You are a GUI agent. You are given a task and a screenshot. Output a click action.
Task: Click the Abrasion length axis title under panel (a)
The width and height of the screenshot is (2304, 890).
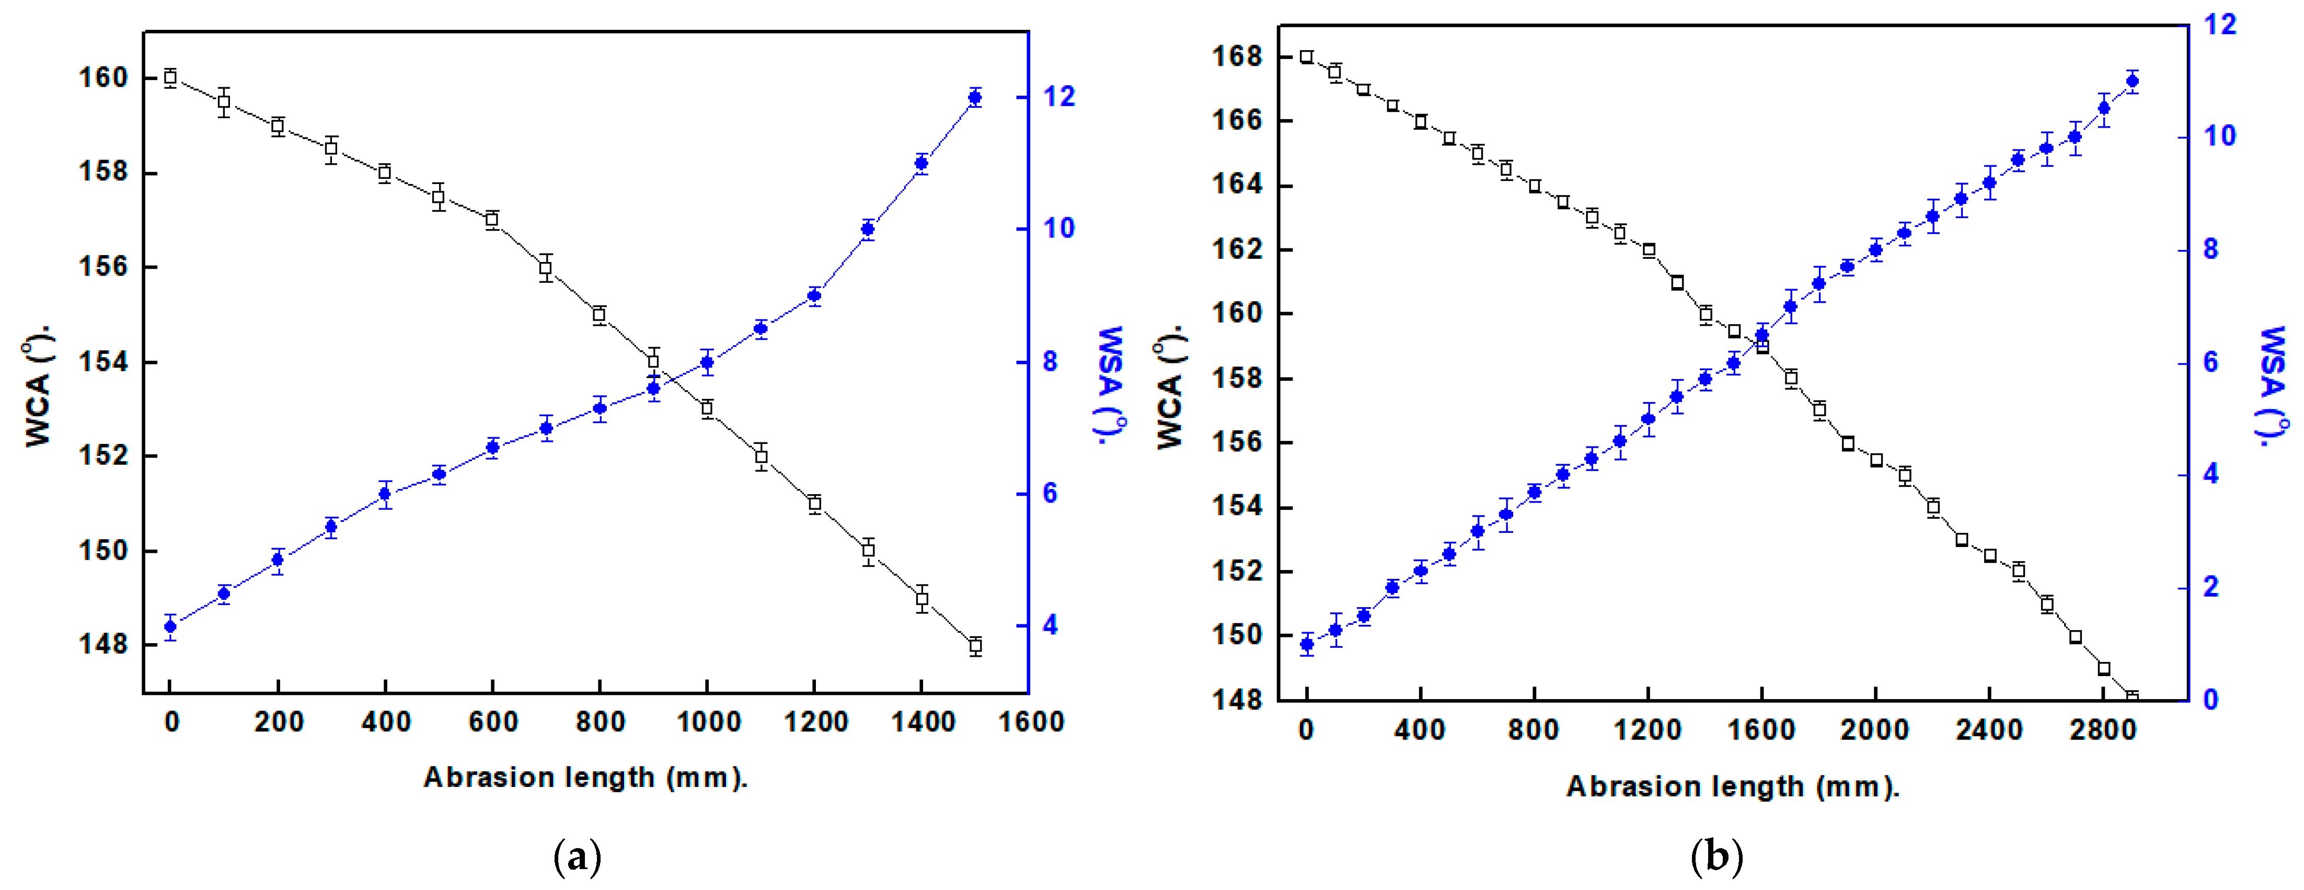(585, 777)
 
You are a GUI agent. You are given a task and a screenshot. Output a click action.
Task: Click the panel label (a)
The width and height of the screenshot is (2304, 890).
(578, 857)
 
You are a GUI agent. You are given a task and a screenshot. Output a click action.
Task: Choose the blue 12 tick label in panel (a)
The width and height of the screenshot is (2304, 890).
(1059, 97)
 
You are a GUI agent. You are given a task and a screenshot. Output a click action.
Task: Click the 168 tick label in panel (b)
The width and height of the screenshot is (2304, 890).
(1237, 56)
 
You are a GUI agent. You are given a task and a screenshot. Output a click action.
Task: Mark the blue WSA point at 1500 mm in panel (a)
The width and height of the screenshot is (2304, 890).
(975, 97)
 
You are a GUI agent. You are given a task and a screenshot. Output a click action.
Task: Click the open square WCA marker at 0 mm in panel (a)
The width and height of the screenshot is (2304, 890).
(170, 78)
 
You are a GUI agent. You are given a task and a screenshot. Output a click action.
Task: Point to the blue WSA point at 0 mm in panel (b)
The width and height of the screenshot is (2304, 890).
(1307, 644)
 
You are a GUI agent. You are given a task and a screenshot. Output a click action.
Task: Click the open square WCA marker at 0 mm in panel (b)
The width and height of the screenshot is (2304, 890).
(1307, 56)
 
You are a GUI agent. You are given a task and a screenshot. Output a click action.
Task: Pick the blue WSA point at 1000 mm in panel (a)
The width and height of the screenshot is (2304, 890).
(707, 362)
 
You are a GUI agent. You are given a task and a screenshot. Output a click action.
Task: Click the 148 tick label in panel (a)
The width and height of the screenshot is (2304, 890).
(103, 644)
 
